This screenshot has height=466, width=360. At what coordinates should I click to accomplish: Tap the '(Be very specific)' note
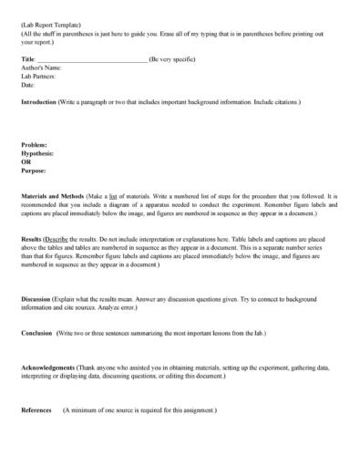pos(172,59)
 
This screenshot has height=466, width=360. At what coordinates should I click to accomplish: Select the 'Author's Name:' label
pos(41,67)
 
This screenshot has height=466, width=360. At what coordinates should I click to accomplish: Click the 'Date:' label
pos(27,85)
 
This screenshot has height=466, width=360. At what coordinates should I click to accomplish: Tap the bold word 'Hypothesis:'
pos(37,153)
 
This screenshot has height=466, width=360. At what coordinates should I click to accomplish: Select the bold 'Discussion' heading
pos(38,299)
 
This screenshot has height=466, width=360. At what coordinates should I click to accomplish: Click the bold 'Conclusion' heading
pos(38,333)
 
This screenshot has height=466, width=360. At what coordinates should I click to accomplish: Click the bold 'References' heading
pos(36,410)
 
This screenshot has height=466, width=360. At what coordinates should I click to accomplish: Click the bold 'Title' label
pos(26,59)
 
